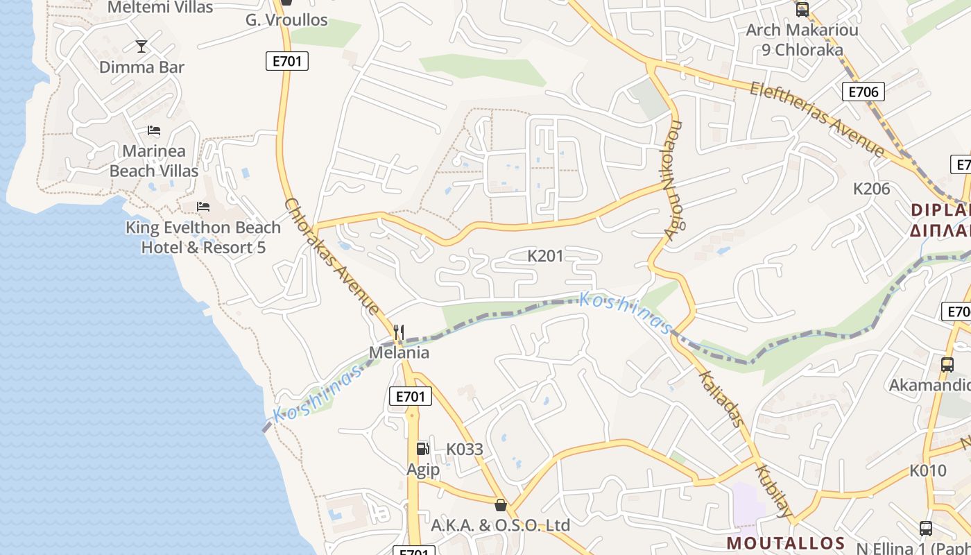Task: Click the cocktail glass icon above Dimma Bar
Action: [141, 46]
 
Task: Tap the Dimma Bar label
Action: [141, 67]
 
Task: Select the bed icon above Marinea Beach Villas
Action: [154, 130]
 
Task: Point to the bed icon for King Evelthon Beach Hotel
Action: [203, 207]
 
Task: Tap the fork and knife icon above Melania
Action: [399, 332]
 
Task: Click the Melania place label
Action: [399, 352]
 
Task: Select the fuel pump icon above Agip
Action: [422, 449]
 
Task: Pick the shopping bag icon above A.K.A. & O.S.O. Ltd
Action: [501, 504]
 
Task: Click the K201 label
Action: [545, 256]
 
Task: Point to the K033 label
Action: [464, 449]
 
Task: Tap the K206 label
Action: [871, 189]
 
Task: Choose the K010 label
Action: [927, 471]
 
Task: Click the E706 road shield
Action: [863, 92]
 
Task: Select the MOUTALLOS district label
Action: [785, 543]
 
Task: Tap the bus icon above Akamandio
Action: [947, 365]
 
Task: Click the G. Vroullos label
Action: [286, 20]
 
